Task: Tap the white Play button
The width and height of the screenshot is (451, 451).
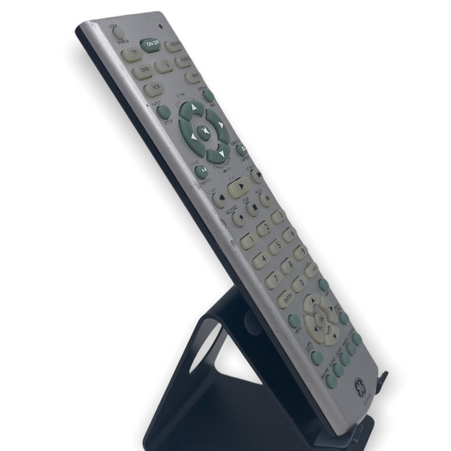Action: click(x=239, y=187)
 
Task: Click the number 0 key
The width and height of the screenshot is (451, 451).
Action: click(x=299, y=285)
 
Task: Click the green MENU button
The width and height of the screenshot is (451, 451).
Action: click(x=295, y=320)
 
